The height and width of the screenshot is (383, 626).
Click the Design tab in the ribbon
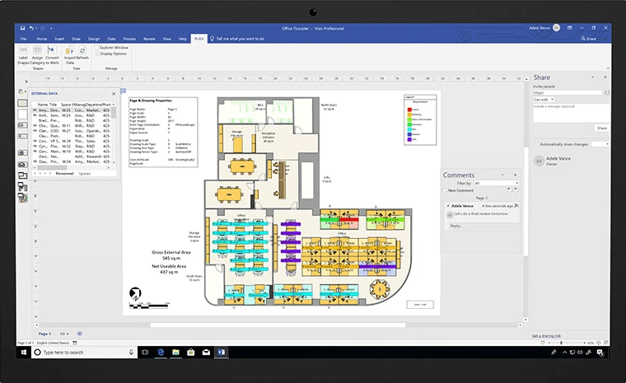(94, 39)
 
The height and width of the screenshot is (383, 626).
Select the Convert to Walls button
(52, 54)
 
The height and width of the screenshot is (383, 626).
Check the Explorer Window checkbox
(96, 48)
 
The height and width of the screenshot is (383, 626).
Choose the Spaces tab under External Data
(85, 174)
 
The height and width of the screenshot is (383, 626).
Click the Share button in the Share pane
(601, 128)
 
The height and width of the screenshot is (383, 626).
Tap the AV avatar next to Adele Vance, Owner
(540, 161)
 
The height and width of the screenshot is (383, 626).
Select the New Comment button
(460, 190)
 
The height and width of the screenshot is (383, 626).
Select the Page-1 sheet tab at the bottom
(44, 333)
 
